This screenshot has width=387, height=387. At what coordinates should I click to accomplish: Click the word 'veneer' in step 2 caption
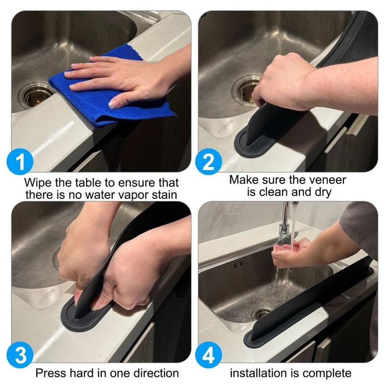[x=327, y=180]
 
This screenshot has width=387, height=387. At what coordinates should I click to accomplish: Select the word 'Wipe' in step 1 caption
[x=39, y=183]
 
